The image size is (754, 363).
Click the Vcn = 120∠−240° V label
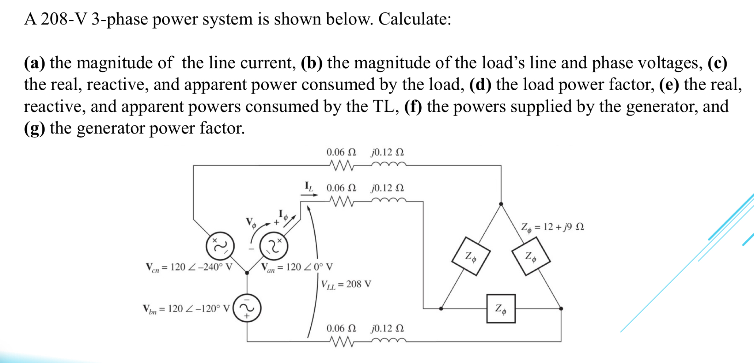[189, 267]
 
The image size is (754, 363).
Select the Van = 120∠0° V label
[297, 267]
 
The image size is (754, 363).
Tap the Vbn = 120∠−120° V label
[186, 309]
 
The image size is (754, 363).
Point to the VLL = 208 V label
[346, 284]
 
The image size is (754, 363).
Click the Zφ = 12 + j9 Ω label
[552, 227]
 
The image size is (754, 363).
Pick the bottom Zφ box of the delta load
[501, 309]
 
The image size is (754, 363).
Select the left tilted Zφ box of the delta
[471, 256]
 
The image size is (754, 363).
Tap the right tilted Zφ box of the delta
[531, 256]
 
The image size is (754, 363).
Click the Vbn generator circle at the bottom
[247, 308]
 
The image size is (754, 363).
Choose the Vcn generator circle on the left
[220, 246]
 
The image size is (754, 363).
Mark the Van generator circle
[274, 246]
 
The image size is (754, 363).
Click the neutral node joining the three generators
[247, 273]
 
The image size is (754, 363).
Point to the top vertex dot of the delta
[501, 204]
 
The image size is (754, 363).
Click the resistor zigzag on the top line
[341, 166]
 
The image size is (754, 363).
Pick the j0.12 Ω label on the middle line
[387, 188]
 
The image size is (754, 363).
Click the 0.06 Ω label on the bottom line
[341, 328]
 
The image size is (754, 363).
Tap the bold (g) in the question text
[34, 128]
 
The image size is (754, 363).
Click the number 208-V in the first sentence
[64, 19]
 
